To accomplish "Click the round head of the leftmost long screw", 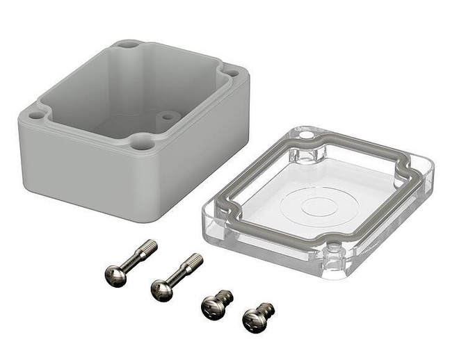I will [x=115, y=277].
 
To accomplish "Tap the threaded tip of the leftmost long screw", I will [x=150, y=245].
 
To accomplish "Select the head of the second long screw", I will [x=162, y=290].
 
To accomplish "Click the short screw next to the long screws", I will [x=214, y=303].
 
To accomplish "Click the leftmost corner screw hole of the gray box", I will [x=35, y=111].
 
